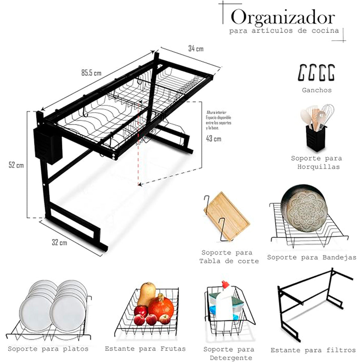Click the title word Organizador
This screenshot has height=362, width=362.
pos(283,18)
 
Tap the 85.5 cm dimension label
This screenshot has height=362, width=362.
pos(91,73)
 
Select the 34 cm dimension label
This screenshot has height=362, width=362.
pos(196,48)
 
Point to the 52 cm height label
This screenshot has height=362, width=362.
pos(16,165)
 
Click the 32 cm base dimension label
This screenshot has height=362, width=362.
pos(59,242)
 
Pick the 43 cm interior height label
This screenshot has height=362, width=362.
pos(213,138)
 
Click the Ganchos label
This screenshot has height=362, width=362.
pos(316,90)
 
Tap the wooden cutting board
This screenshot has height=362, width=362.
pos(227,216)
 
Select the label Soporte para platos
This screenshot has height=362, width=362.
pos(48,349)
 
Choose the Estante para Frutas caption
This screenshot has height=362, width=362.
pos(145,349)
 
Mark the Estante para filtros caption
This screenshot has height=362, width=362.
pos(313,350)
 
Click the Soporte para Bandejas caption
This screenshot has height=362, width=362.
pos(312,258)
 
